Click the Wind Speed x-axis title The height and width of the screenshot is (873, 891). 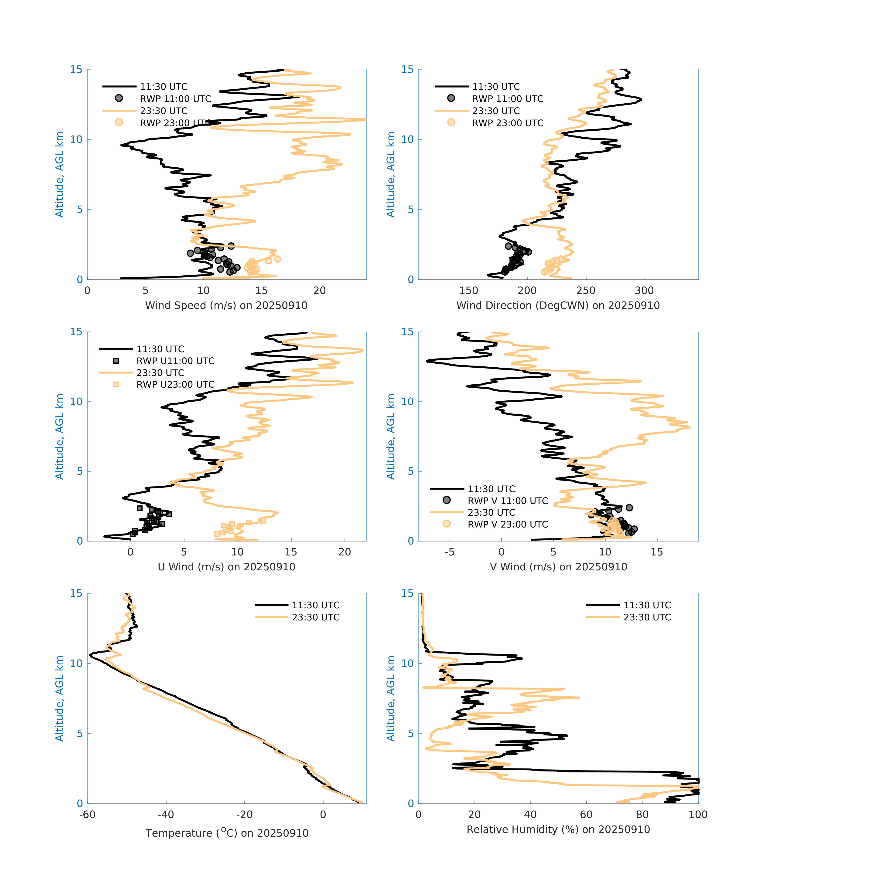pyautogui.click(x=226, y=305)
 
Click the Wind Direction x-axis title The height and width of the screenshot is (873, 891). pyautogui.click(x=558, y=305)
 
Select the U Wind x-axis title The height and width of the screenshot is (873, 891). pyautogui.click(x=226, y=567)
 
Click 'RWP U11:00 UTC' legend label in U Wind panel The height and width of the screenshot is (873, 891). pyautogui.click(x=175, y=361)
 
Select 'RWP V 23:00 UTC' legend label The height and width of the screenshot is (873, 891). pyautogui.click(x=507, y=524)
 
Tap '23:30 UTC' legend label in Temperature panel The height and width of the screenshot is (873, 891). pyautogui.click(x=316, y=617)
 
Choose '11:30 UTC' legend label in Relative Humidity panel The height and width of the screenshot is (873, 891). pyautogui.click(x=647, y=605)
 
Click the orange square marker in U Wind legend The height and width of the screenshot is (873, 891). pyautogui.click(x=116, y=384)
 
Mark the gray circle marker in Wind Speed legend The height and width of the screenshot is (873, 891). pyautogui.click(x=119, y=98)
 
